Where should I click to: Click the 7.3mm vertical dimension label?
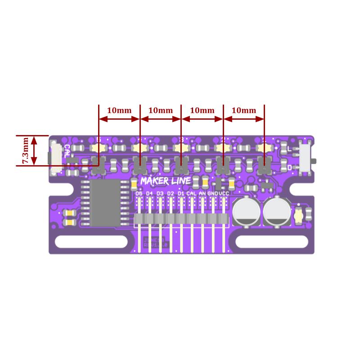pos(25,150)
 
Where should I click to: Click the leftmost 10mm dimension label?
pos(119,110)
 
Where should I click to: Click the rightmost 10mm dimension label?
pos(243,110)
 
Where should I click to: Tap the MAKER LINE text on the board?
pos(165,181)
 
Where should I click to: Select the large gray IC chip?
pos(106,203)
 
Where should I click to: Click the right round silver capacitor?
pos(277,211)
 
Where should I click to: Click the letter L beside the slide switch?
pos(289,148)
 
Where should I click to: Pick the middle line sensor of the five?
pos(181,166)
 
